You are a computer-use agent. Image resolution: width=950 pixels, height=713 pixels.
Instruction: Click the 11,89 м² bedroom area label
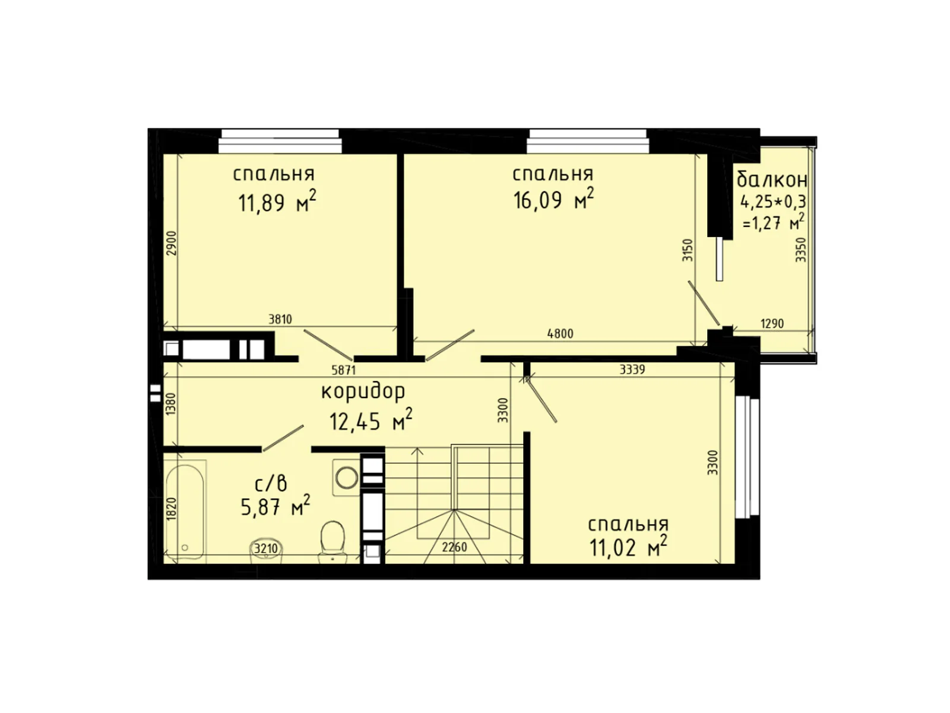pos(277,203)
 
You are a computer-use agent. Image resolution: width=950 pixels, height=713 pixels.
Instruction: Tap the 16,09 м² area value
pos(553,200)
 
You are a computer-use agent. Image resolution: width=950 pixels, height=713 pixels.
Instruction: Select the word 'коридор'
pos(363,392)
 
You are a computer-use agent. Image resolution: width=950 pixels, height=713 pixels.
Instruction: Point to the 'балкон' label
pos(771,178)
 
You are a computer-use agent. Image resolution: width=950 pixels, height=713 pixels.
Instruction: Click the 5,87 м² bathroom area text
pos(275,507)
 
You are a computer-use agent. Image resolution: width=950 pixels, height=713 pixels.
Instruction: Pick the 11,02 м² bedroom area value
pos(628,547)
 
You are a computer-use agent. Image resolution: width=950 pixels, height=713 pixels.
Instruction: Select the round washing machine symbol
pos(346,477)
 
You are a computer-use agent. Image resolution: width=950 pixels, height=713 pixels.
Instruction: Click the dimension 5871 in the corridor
pos(343,370)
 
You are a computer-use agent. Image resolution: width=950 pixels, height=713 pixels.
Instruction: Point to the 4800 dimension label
pos(559,334)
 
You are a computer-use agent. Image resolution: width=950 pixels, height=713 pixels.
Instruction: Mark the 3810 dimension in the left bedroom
pos(280,320)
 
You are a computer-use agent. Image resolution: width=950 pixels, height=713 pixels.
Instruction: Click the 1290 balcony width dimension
pos(772,324)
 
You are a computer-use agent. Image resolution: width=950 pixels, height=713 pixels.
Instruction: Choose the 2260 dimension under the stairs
pos(454,547)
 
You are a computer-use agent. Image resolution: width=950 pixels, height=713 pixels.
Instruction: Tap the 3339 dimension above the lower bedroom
pos(632,370)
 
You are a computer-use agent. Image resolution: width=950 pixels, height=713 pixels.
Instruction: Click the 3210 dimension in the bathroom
pos(265,548)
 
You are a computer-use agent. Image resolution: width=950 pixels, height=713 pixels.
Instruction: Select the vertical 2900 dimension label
pos(172,242)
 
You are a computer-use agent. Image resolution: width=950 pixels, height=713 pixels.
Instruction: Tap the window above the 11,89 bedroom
pos(280,141)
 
